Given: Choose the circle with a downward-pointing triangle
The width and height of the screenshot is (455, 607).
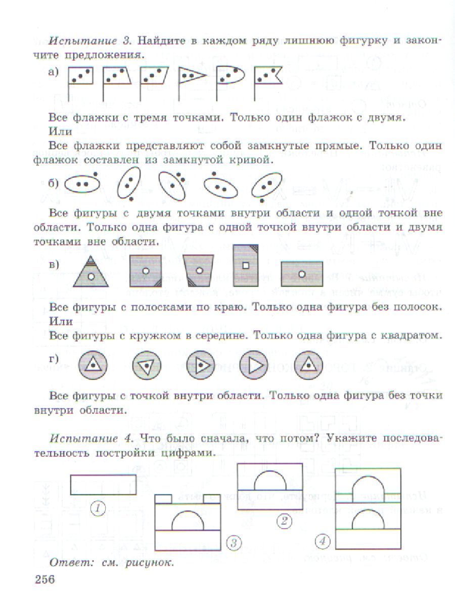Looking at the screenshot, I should (x=146, y=365).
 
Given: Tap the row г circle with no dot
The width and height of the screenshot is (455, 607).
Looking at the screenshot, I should (x=255, y=365).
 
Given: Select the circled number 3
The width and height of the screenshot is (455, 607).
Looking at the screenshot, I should (x=234, y=543).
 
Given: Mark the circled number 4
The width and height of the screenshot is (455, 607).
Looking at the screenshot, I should (x=322, y=542).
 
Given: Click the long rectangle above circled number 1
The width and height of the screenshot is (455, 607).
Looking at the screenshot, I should (x=103, y=484).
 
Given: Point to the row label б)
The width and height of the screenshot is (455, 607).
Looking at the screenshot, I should (x=54, y=184).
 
